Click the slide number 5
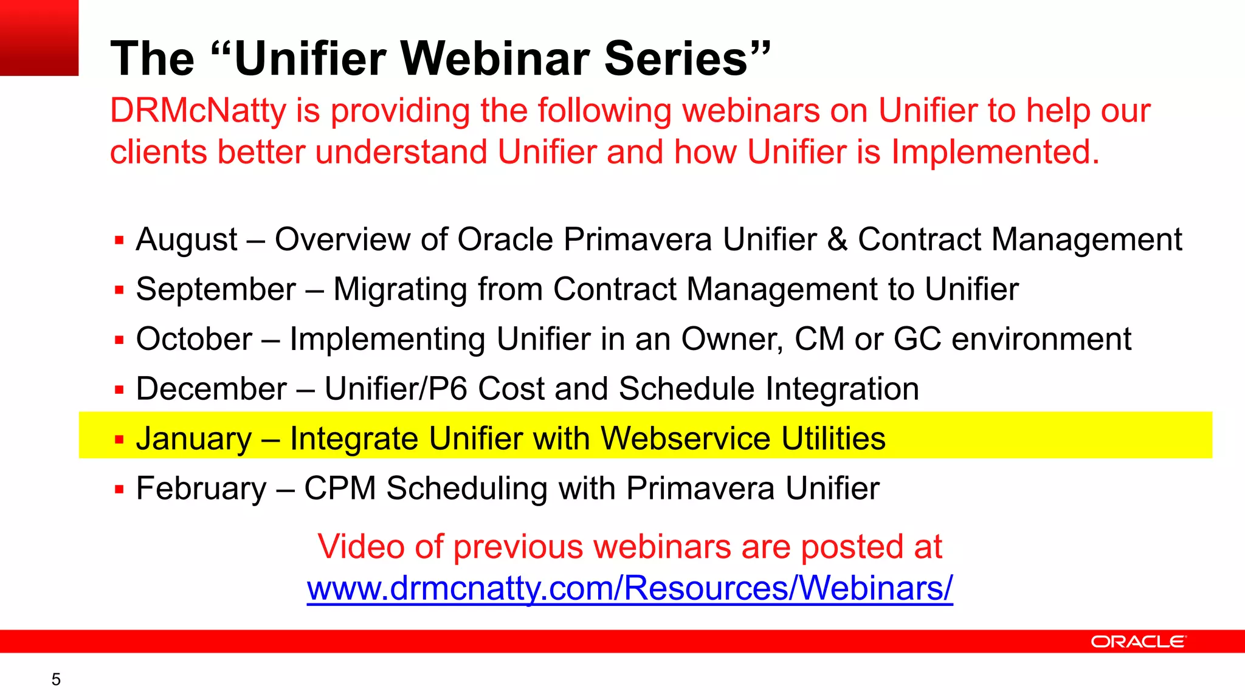[56, 679]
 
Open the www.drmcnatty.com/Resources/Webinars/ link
[629, 588]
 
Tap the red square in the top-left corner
[39, 38]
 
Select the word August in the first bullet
[187, 239]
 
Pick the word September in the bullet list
[216, 289]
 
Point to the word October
[194, 339]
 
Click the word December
[211, 389]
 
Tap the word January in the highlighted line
[193, 439]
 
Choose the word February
[201, 489]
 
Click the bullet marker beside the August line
[119, 241]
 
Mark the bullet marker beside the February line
[119, 489]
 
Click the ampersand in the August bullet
[837, 239]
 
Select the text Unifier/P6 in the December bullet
[396, 389]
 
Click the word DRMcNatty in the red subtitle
[198, 111]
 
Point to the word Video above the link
[361, 547]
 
